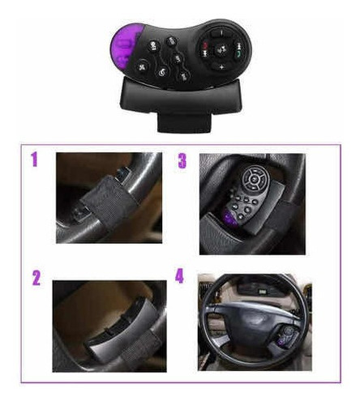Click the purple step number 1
click(34, 160)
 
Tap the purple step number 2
click(36, 278)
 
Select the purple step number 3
click(182, 161)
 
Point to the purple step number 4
click(179, 276)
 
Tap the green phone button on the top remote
click(238, 53)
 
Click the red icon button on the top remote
click(204, 45)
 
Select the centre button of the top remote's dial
click(221, 50)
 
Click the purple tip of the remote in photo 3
click(230, 218)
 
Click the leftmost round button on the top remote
click(142, 67)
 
